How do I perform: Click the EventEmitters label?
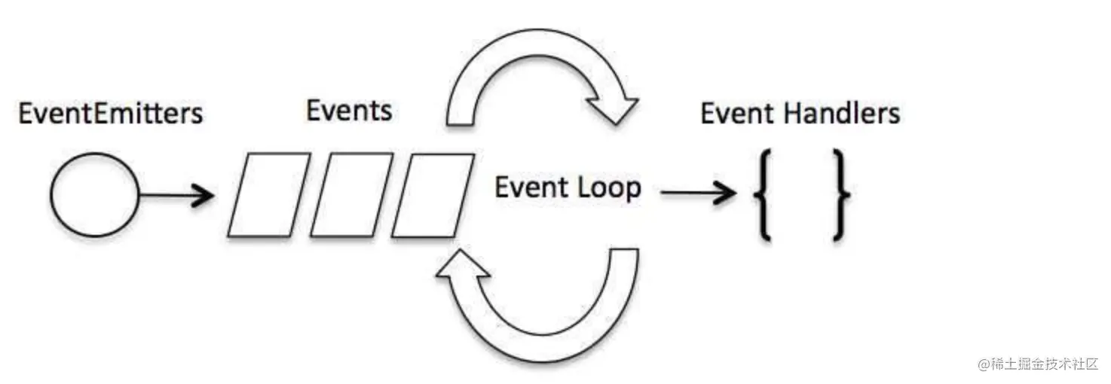click(111, 113)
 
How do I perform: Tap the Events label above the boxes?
click(349, 110)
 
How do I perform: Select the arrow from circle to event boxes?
click(176, 195)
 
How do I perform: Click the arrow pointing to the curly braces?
click(699, 192)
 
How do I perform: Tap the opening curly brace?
click(762, 195)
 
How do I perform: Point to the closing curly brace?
click(840, 195)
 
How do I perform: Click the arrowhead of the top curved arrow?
click(613, 109)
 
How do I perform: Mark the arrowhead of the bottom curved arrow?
click(462, 265)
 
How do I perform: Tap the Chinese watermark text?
click(1045, 364)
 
